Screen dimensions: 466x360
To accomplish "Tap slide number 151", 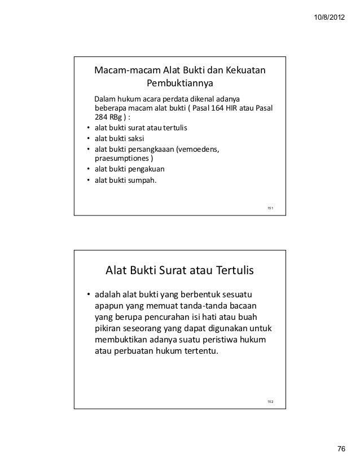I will tap(270, 209).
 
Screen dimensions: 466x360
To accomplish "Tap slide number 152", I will tap(270, 401).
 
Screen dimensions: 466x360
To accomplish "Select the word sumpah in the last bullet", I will tap(143, 181).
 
